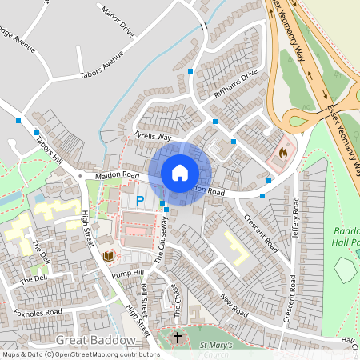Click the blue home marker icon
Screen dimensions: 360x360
pyautogui.click(x=180, y=173)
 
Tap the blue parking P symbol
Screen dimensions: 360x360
pyautogui.click(x=140, y=201)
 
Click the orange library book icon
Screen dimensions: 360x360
pyautogui.click(x=110, y=256)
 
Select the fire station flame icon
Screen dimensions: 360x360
pyautogui.click(x=282, y=150)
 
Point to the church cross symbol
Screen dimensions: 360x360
pyautogui.click(x=177, y=338)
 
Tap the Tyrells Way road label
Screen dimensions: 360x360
pyautogui.click(x=153, y=137)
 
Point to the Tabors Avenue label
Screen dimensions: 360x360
pyautogui.click(x=102, y=68)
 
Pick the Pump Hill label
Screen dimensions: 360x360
pyautogui.click(x=128, y=274)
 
